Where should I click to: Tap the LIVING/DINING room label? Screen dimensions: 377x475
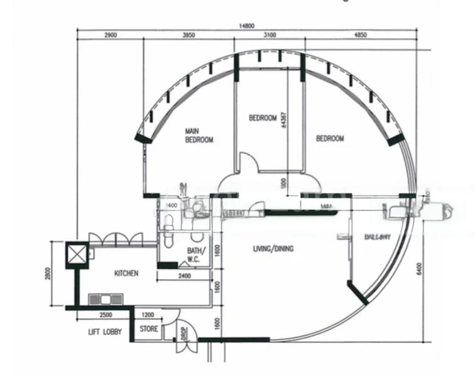[273, 249]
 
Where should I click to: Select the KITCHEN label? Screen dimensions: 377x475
[126, 273]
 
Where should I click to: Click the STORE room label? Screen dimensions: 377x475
[148, 329]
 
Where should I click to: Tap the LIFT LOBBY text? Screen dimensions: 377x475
[105, 331]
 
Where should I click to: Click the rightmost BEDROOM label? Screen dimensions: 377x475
[330, 138]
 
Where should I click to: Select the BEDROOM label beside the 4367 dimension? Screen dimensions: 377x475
[263, 117]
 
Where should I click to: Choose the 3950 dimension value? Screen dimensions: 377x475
[188, 36]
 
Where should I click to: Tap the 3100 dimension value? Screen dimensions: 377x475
[270, 36]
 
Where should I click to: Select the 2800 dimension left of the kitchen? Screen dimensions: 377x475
[57, 275]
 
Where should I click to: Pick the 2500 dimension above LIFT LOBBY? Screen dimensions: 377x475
[106, 314]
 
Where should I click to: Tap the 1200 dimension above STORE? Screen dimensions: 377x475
[148, 314]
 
